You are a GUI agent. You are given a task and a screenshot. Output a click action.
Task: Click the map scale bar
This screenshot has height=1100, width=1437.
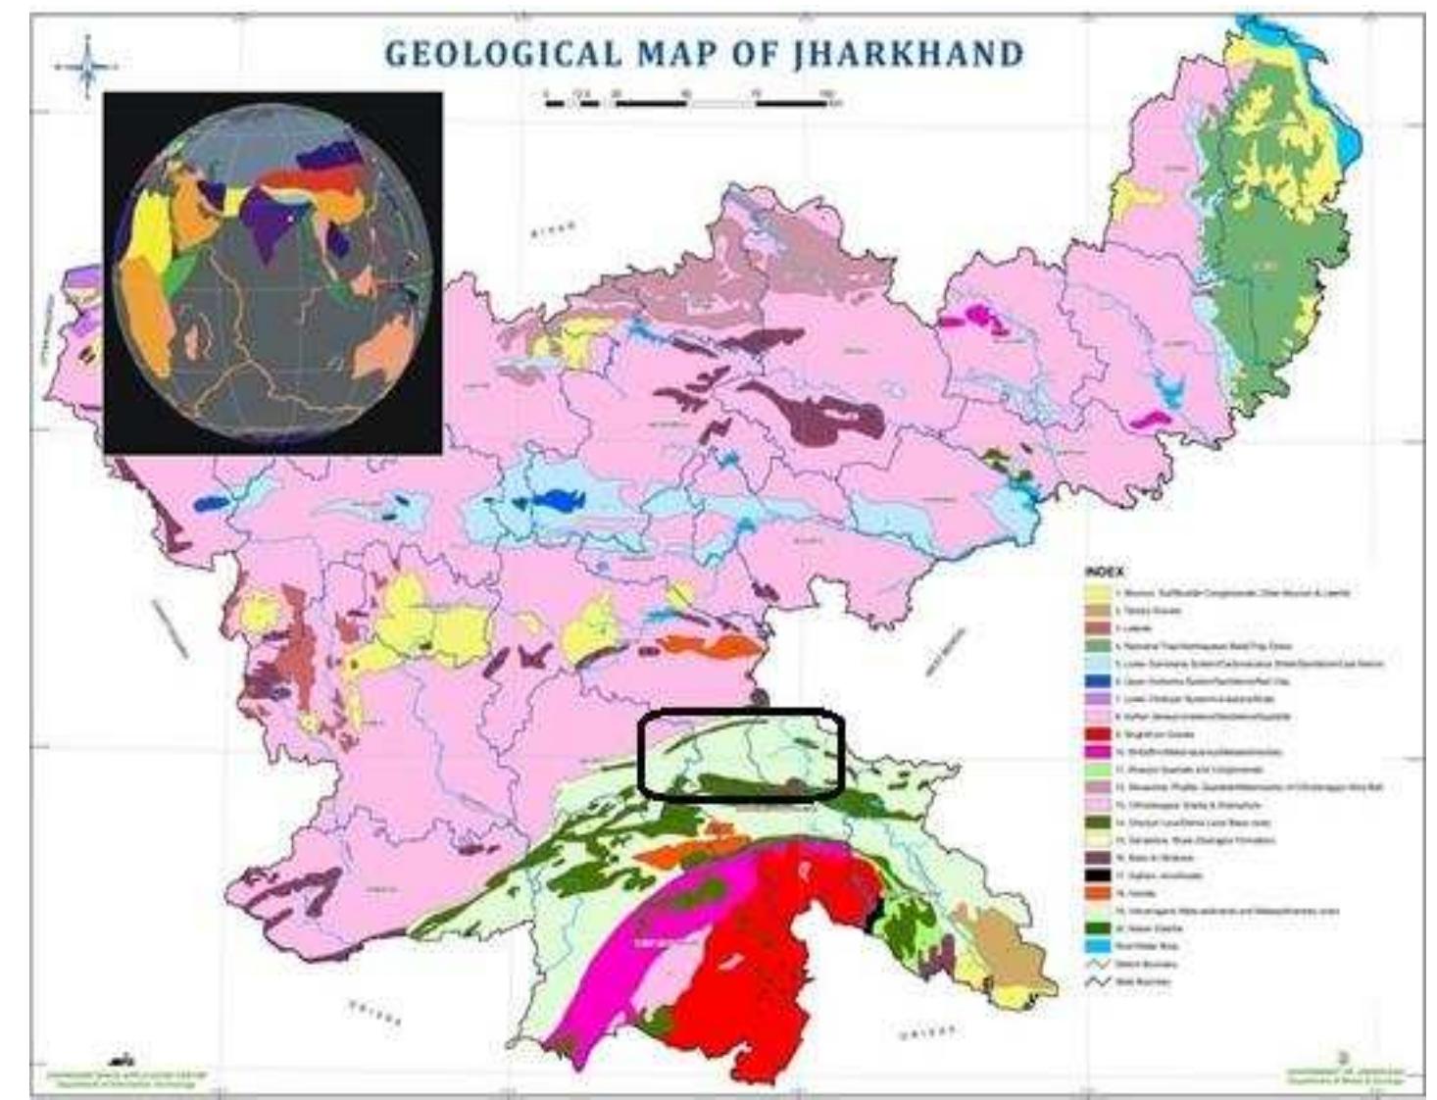point(690,100)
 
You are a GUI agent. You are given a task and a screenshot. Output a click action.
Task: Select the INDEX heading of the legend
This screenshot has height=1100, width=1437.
point(1105,572)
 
